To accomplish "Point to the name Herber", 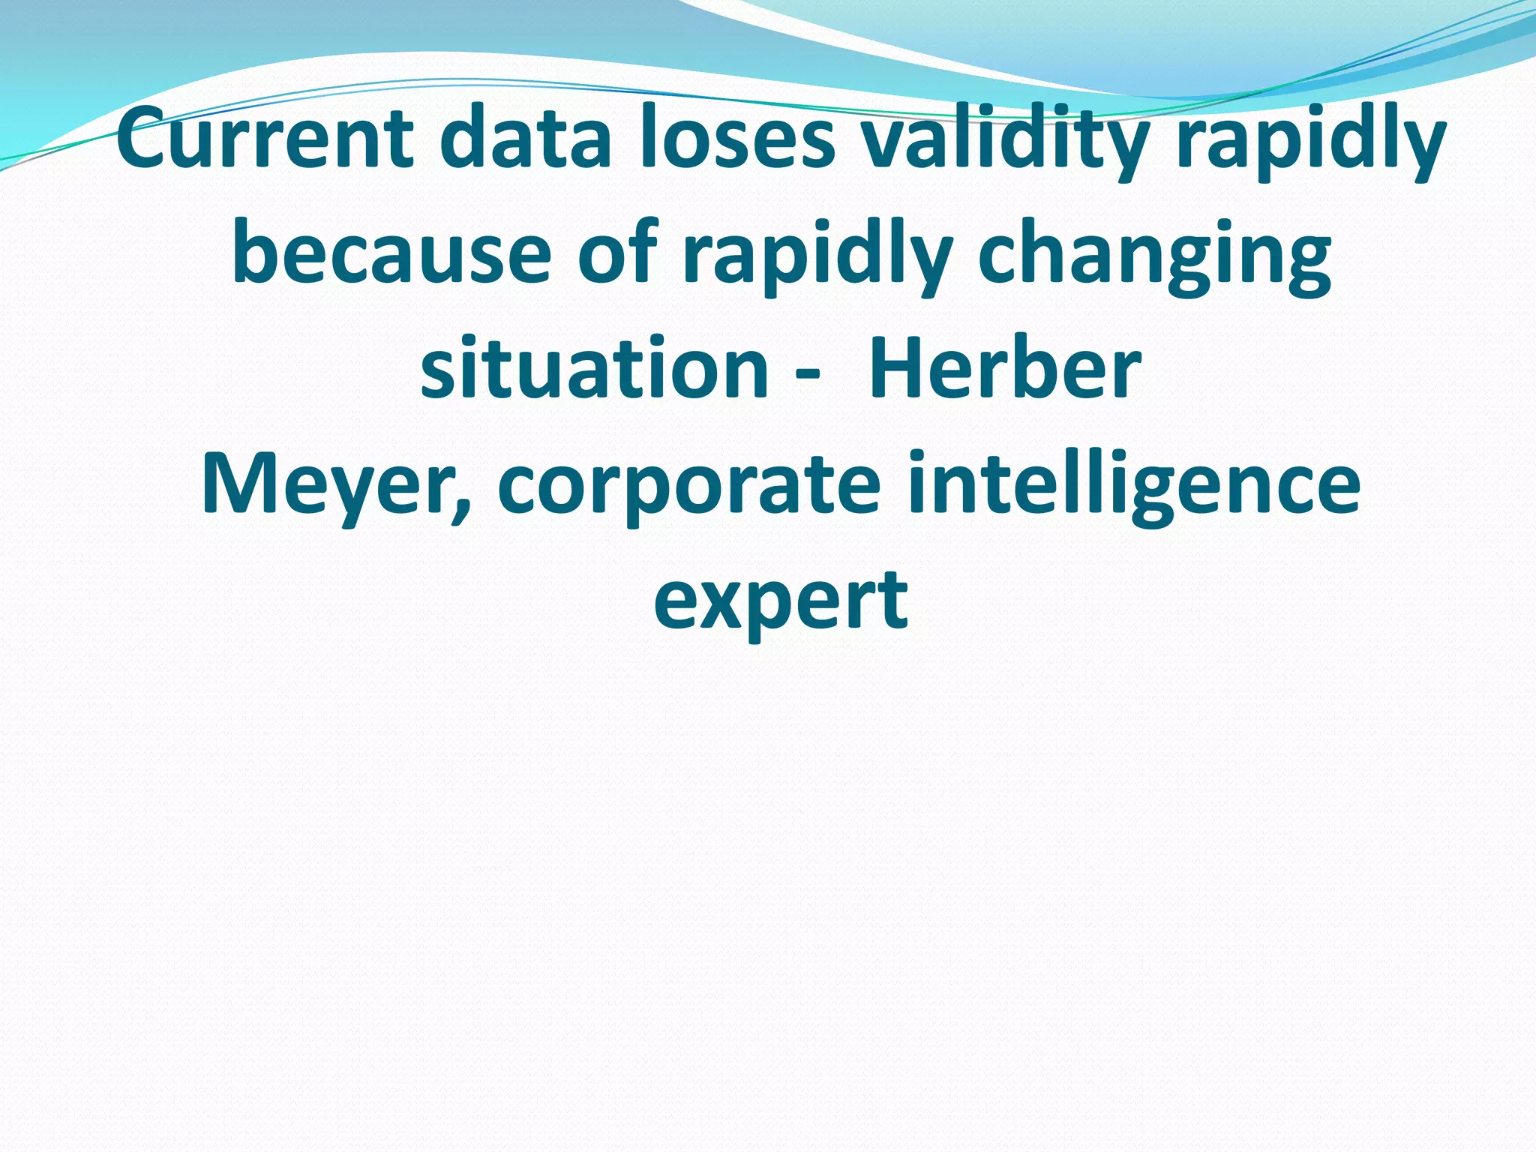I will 1005,368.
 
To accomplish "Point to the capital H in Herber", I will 896,368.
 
